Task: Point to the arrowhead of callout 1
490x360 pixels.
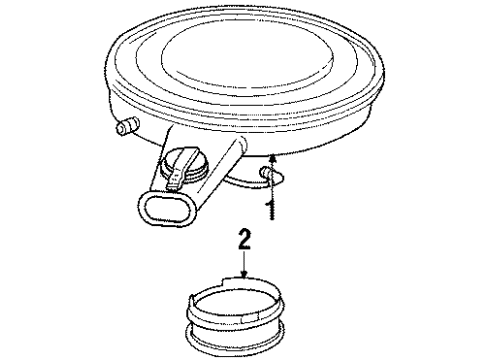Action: pos(270,152)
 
